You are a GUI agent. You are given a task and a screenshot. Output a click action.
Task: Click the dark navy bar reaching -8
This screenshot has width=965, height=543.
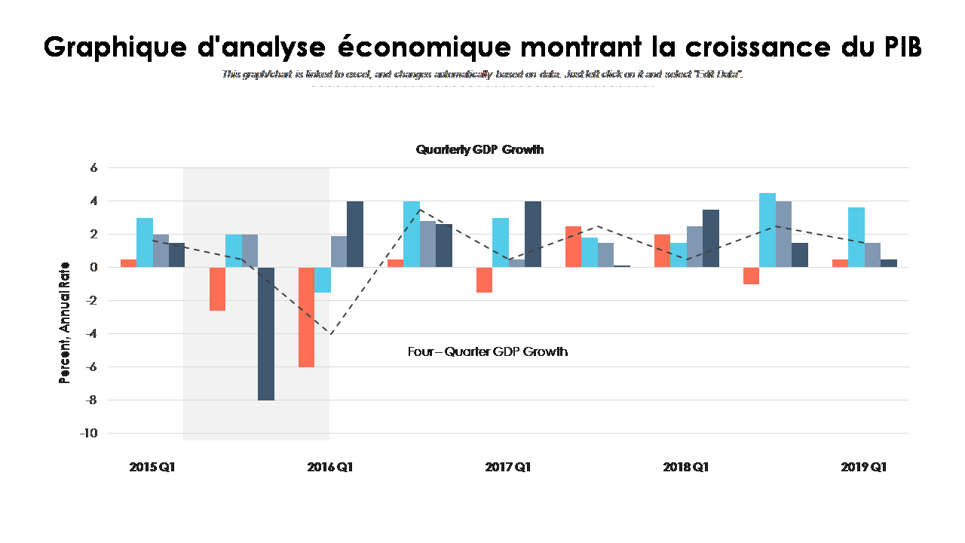pos(266,333)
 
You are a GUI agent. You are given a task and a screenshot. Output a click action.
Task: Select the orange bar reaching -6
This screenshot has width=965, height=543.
pos(306,317)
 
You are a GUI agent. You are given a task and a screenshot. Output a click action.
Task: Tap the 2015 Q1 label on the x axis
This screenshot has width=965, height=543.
pos(152,468)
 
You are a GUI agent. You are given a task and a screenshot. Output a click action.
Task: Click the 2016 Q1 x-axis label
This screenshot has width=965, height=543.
pos(330,468)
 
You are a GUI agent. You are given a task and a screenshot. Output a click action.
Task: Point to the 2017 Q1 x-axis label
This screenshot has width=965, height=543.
pos(508,468)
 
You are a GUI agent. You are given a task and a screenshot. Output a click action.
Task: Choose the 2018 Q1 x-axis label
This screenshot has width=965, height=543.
pos(686,468)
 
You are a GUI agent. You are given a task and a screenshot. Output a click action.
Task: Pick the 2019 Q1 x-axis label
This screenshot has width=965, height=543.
pos(864,468)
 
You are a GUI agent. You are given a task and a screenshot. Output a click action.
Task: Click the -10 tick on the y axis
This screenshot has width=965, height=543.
pos(89,433)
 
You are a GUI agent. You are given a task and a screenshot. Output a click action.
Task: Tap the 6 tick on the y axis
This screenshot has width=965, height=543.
pos(94,168)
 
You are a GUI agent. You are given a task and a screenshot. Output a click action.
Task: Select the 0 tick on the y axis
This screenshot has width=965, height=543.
pos(94,268)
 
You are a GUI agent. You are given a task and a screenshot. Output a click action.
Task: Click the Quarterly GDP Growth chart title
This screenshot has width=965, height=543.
pos(479,150)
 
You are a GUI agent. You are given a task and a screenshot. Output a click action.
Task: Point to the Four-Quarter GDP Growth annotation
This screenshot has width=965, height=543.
pos(488,351)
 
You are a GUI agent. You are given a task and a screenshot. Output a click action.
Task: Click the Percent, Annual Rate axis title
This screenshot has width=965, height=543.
pos(66,323)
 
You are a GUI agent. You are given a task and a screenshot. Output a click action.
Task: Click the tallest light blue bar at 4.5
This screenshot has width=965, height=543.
pos(767,230)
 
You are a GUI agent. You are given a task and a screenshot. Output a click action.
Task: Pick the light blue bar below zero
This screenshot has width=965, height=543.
pos(323,280)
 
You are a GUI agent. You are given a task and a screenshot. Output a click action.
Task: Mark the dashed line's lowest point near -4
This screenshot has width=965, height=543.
pos(329,333)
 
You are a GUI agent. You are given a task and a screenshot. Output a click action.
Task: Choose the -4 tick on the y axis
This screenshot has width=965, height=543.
pos(91,333)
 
